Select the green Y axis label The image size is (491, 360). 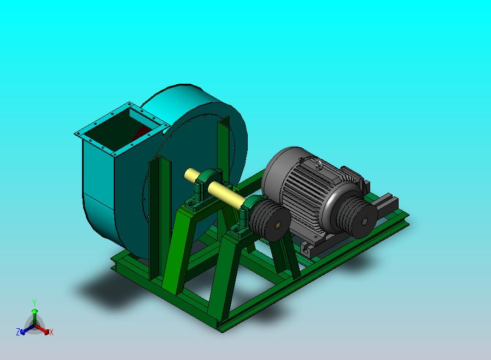pos(34,303)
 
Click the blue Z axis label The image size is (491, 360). pos(18,332)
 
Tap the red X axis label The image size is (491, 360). pos(51,332)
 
